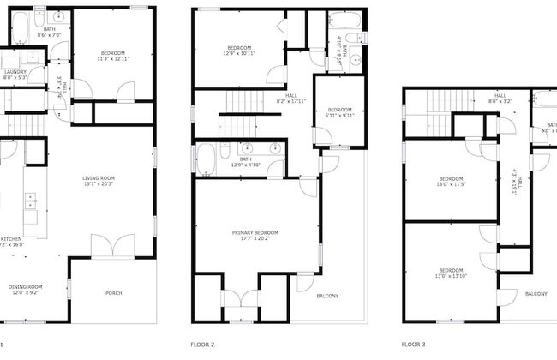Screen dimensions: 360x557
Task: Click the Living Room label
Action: coord(99,177)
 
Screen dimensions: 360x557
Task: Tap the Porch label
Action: coord(113,294)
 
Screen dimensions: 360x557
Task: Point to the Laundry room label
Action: coord(15,71)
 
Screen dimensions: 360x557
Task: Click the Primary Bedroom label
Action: coord(255,232)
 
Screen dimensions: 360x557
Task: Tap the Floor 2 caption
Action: coord(202,344)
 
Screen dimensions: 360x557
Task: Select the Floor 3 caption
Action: coord(414,344)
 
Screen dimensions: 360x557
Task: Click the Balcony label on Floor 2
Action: coord(327,297)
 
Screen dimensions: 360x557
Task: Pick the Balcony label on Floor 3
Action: coord(536,294)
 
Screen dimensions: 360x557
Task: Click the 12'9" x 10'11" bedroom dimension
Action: coord(239,53)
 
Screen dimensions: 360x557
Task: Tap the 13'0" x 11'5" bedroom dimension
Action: coord(451,184)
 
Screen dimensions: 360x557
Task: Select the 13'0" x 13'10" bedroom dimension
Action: coord(451,275)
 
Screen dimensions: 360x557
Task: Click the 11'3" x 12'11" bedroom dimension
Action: coord(112,59)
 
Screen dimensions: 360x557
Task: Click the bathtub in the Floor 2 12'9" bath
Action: coord(207,159)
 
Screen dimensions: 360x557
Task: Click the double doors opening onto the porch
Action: coord(111,247)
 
